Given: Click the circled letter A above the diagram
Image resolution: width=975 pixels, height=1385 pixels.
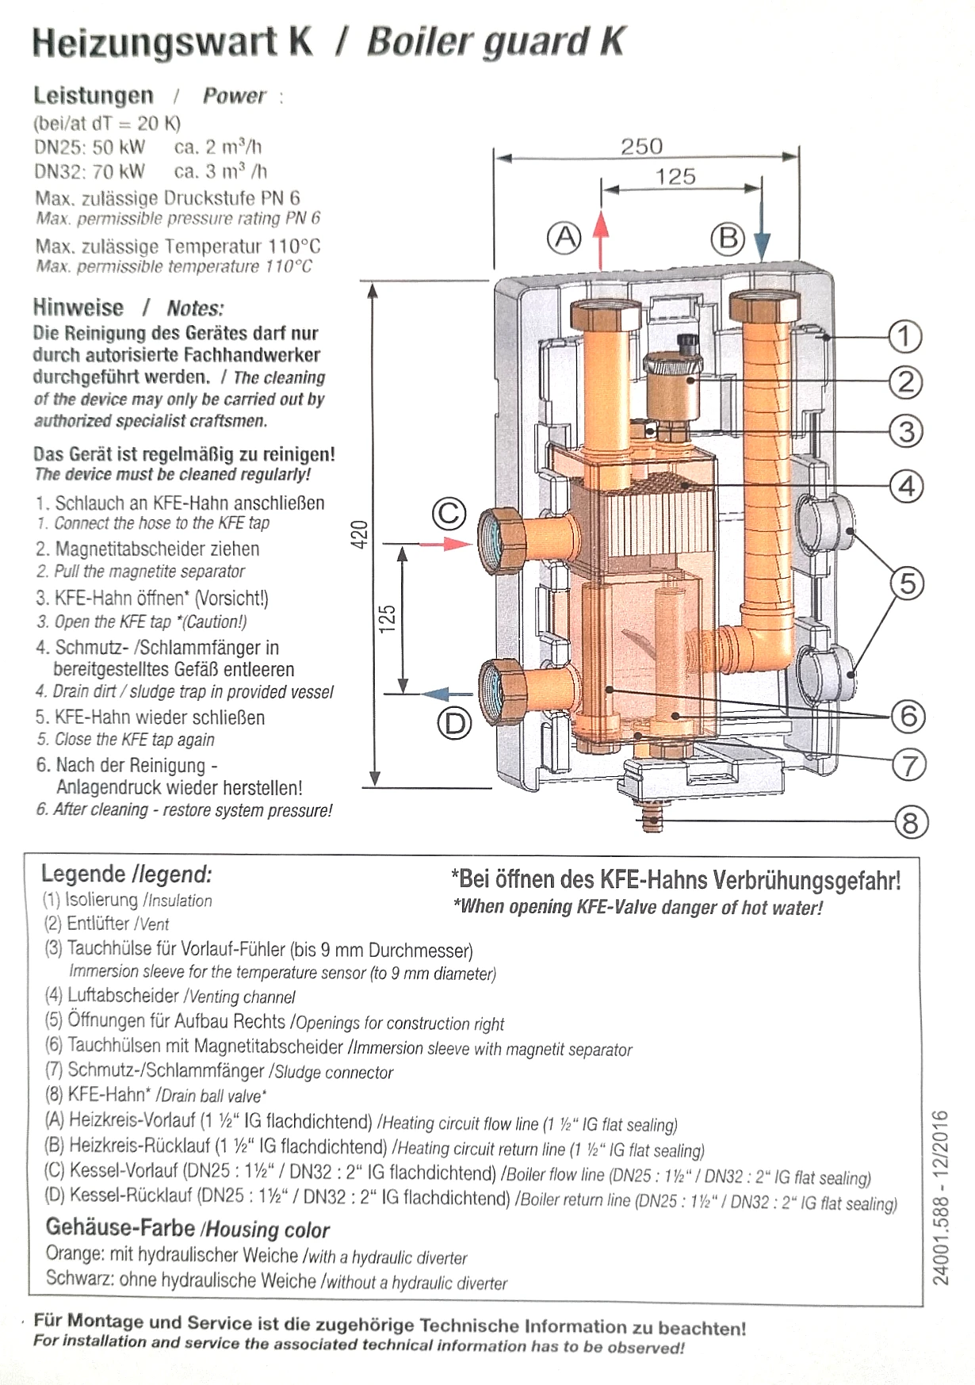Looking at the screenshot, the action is point(564,237).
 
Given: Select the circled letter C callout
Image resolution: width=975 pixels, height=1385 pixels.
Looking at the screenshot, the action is point(449,513).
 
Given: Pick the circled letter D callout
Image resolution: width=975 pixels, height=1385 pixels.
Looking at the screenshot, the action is point(455,722).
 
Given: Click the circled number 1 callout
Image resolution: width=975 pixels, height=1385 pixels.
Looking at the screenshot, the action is point(904,336).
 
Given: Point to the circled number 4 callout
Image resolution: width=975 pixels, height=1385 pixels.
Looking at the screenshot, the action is point(907,485).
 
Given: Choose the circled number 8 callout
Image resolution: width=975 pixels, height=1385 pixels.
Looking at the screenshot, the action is point(911,822).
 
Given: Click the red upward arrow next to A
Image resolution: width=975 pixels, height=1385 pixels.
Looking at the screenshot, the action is point(601,239).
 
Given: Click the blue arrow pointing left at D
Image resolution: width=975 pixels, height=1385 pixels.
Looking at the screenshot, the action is point(446,694).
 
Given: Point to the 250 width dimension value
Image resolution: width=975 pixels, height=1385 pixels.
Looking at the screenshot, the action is point(641,146).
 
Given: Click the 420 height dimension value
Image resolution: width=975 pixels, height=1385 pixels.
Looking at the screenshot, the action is point(360,535).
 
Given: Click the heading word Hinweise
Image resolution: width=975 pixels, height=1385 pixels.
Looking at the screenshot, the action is point(78,308).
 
